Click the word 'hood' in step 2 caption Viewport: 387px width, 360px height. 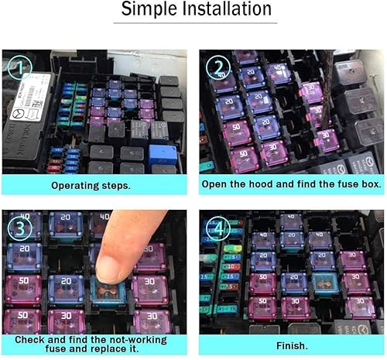[263, 186]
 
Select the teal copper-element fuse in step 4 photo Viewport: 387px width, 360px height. [324, 283]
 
